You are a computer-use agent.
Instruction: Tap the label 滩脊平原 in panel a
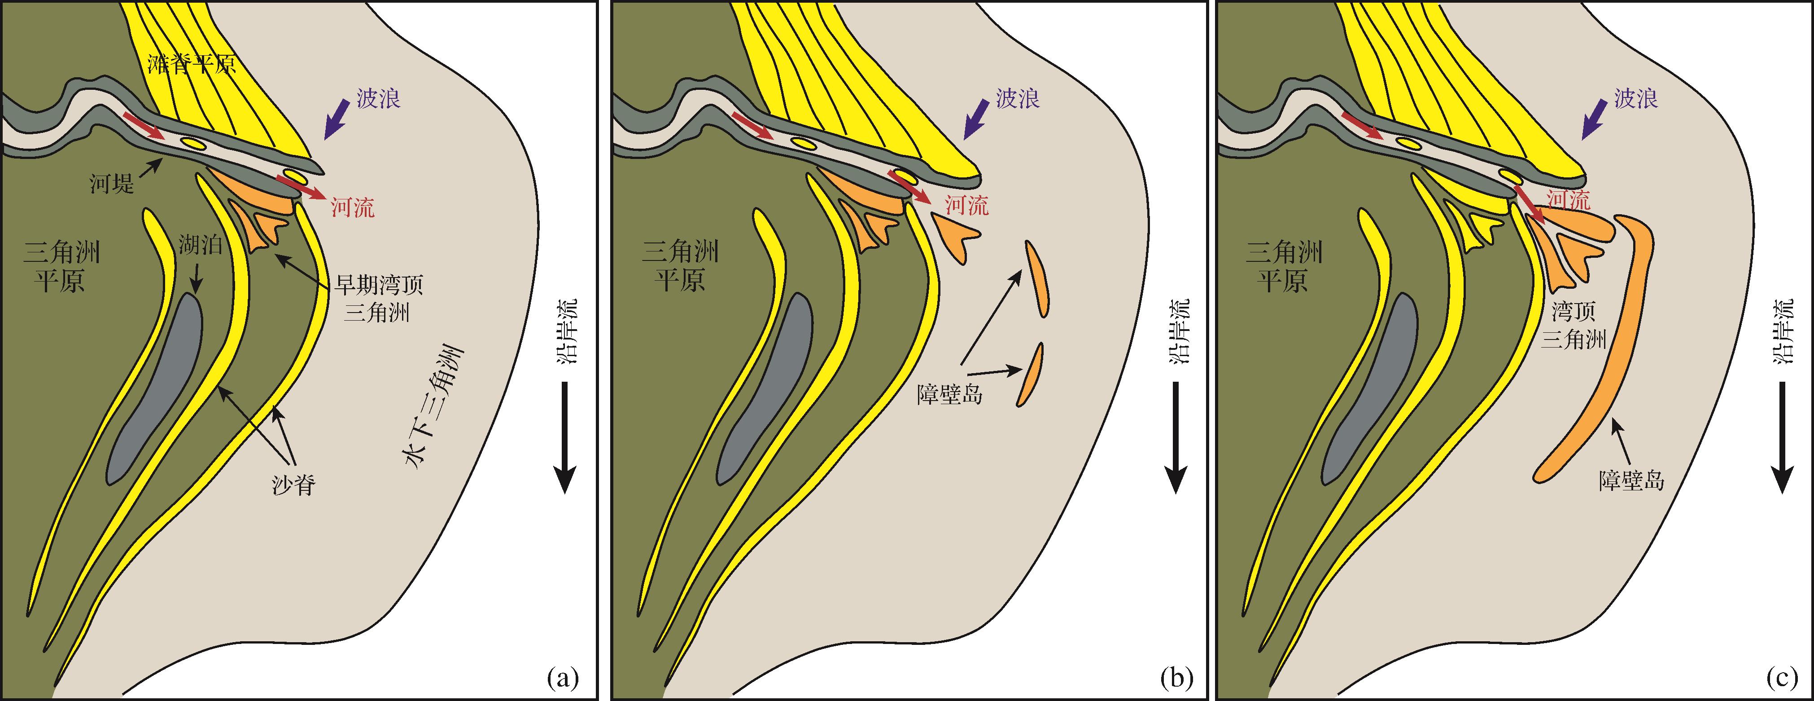pos(192,64)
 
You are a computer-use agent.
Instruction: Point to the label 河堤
pos(111,184)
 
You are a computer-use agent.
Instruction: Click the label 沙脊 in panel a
pos(293,485)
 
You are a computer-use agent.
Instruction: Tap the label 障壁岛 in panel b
pos(950,393)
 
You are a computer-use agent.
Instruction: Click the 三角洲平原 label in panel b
pos(680,266)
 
